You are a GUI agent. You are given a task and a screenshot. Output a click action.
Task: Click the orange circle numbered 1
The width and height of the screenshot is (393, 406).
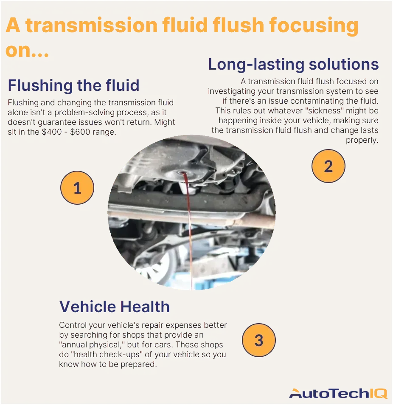point(77,188)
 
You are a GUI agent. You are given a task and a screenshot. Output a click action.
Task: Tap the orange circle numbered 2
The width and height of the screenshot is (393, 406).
point(328,166)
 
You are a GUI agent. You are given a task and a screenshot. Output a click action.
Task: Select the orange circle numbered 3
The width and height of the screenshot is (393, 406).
point(258,340)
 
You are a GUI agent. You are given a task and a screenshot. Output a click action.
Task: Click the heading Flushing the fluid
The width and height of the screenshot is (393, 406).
point(73,86)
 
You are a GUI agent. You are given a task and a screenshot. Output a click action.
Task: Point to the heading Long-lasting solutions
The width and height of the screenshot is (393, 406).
point(293,65)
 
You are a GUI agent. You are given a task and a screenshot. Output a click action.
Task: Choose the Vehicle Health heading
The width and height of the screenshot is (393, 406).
point(114,307)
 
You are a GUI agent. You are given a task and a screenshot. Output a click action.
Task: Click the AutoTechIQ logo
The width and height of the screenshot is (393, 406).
point(338,393)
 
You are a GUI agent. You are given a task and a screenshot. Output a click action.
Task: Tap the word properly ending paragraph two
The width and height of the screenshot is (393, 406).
point(362,140)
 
